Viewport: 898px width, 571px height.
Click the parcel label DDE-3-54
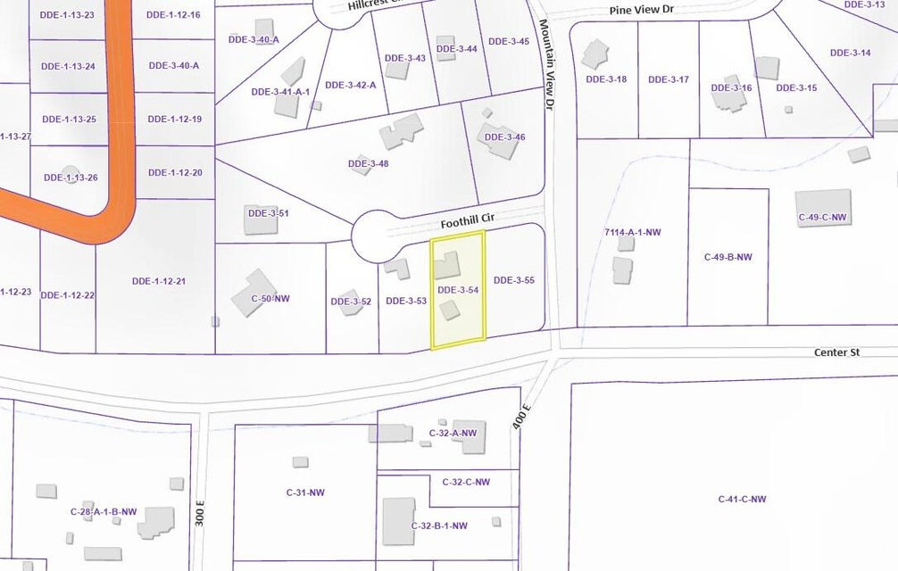(x=459, y=290)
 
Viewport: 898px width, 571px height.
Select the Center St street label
(x=836, y=352)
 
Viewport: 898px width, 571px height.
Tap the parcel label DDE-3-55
(x=513, y=280)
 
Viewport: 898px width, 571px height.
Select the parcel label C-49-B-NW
(x=728, y=257)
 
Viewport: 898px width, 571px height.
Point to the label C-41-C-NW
(x=742, y=499)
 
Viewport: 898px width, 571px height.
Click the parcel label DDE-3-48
(x=368, y=163)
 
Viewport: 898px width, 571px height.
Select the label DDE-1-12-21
(x=158, y=281)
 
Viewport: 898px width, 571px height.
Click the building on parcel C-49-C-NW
(x=824, y=203)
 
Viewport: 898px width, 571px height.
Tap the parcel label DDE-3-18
(x=606, y=79)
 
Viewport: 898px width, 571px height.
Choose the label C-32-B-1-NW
(x=439, y=525)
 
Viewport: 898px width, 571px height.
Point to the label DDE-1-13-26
(x=70, y=178)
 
